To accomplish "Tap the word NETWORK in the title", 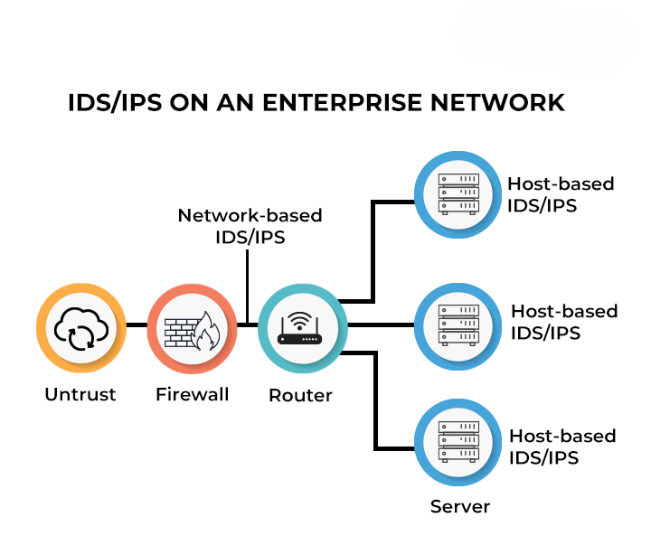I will tap(495, 102).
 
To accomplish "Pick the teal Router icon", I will tap(301, 328).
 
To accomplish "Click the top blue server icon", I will tap(458, 193).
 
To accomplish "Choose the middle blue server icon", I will tap(458, 323).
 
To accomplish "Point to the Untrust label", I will tap(80, 395).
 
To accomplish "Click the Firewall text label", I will tap(192, 395).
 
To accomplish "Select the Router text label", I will tap(301, 396).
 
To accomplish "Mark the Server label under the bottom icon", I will tap(460, 506).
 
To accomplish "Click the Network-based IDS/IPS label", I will tap(250, 226).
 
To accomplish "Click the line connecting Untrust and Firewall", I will tap(136, 324).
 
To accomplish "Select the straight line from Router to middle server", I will tap(380, 324).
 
